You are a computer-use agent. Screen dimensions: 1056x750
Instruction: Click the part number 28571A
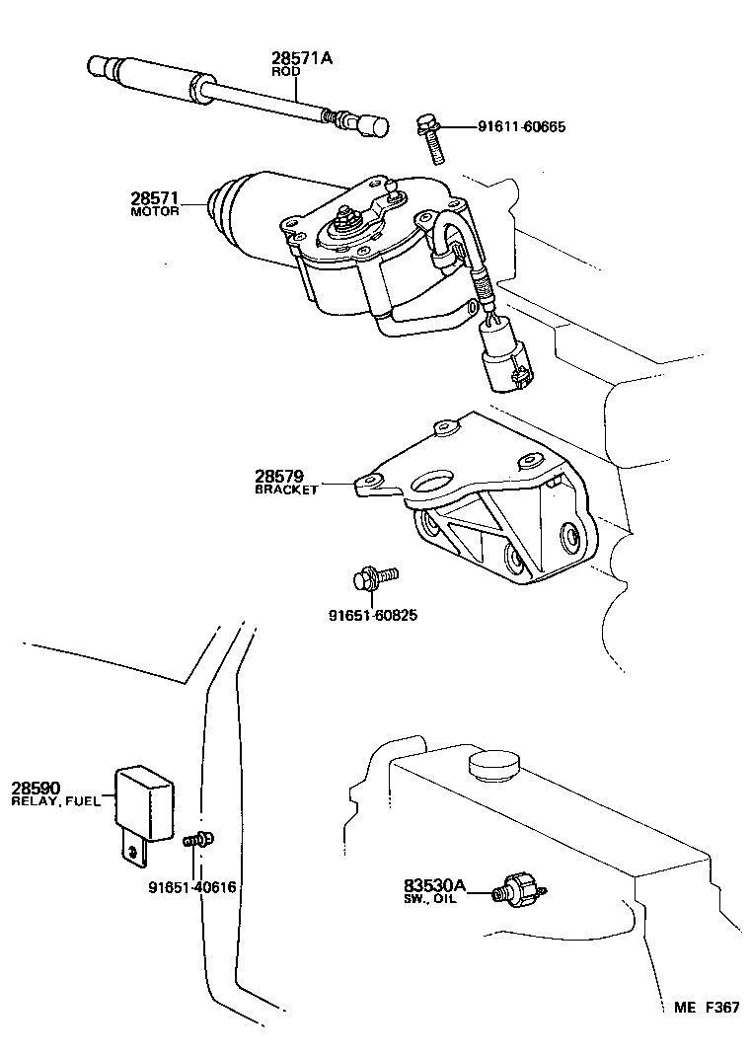pos(302,58)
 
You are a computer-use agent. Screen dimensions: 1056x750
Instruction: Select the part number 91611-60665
pos(521,126)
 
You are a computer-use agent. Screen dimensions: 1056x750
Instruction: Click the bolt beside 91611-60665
pos(431,138)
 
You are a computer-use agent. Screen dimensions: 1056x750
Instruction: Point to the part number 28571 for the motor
pos(152,198)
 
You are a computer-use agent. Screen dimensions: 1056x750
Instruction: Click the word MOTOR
pos(155,212)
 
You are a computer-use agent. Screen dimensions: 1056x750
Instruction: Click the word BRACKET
pos(286,490)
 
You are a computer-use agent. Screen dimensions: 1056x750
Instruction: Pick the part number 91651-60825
pos(373,615)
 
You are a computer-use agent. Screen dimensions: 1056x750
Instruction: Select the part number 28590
pos(37,788)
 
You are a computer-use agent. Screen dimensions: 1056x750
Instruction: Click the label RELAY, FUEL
pos(56,801)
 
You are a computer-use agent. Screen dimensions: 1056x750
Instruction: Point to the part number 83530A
pos(435,885)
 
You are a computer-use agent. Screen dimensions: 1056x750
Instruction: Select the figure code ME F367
pos(707,1008)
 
